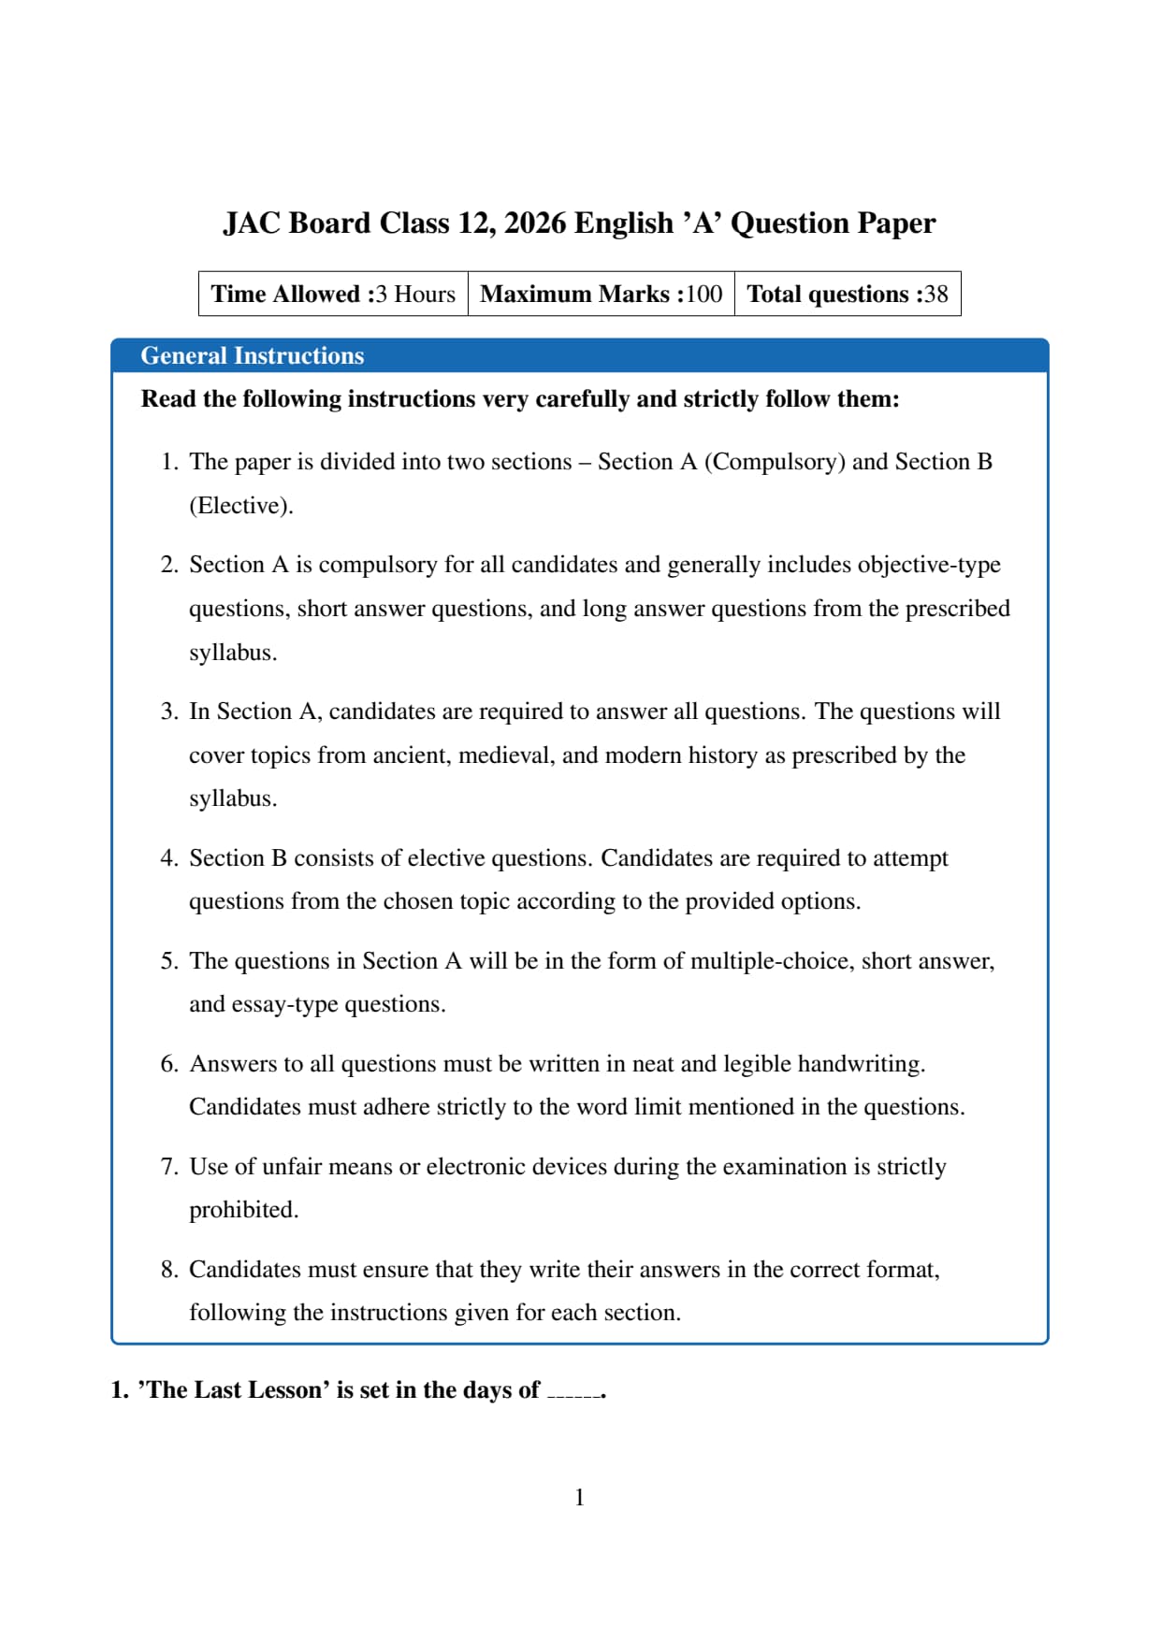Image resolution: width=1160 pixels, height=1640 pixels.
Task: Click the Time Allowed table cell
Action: point(333,294)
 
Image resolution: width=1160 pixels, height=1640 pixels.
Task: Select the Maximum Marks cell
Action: point(601,294)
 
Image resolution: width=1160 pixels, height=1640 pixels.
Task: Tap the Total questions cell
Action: point(847,294)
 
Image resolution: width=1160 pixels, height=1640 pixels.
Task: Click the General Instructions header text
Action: point(252,356)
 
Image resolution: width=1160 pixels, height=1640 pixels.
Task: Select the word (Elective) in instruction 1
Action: point(240,506)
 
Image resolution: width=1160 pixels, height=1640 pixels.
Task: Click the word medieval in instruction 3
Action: point(505,755)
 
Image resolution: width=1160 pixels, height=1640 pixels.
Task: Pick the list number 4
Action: point(168,858)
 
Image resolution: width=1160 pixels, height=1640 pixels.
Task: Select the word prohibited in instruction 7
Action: point(243,1210)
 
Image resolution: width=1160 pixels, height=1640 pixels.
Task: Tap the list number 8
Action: point(168,1270)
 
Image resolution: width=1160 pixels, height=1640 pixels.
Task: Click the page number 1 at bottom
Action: point(579,1497)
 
